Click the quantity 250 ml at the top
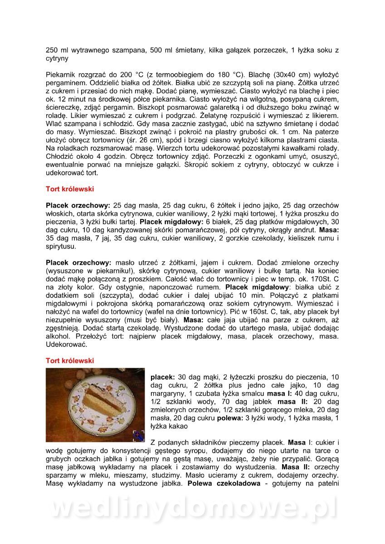(x=55, y=50)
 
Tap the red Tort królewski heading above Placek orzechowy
(x=70, y=189)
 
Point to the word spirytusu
(x=61, y=247)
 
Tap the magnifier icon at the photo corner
(x=139, y=436)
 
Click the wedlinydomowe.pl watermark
(x=192, y=508)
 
